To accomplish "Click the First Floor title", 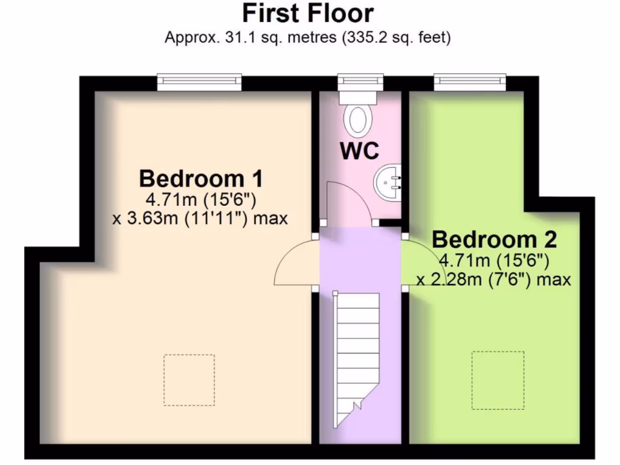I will point(308,13).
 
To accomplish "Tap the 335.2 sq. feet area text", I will point(397,38).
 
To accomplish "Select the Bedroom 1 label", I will point(200,179).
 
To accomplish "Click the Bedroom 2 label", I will point(494,240).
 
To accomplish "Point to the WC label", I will point(360,151).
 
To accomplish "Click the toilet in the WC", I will point(356,119).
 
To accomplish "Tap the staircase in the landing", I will point(357,357).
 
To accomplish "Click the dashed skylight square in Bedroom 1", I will point(189,380).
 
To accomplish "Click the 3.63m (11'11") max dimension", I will point(200,218).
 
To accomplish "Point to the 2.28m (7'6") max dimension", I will point(494,280).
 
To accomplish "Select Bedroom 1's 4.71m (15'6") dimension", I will point(200,199).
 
